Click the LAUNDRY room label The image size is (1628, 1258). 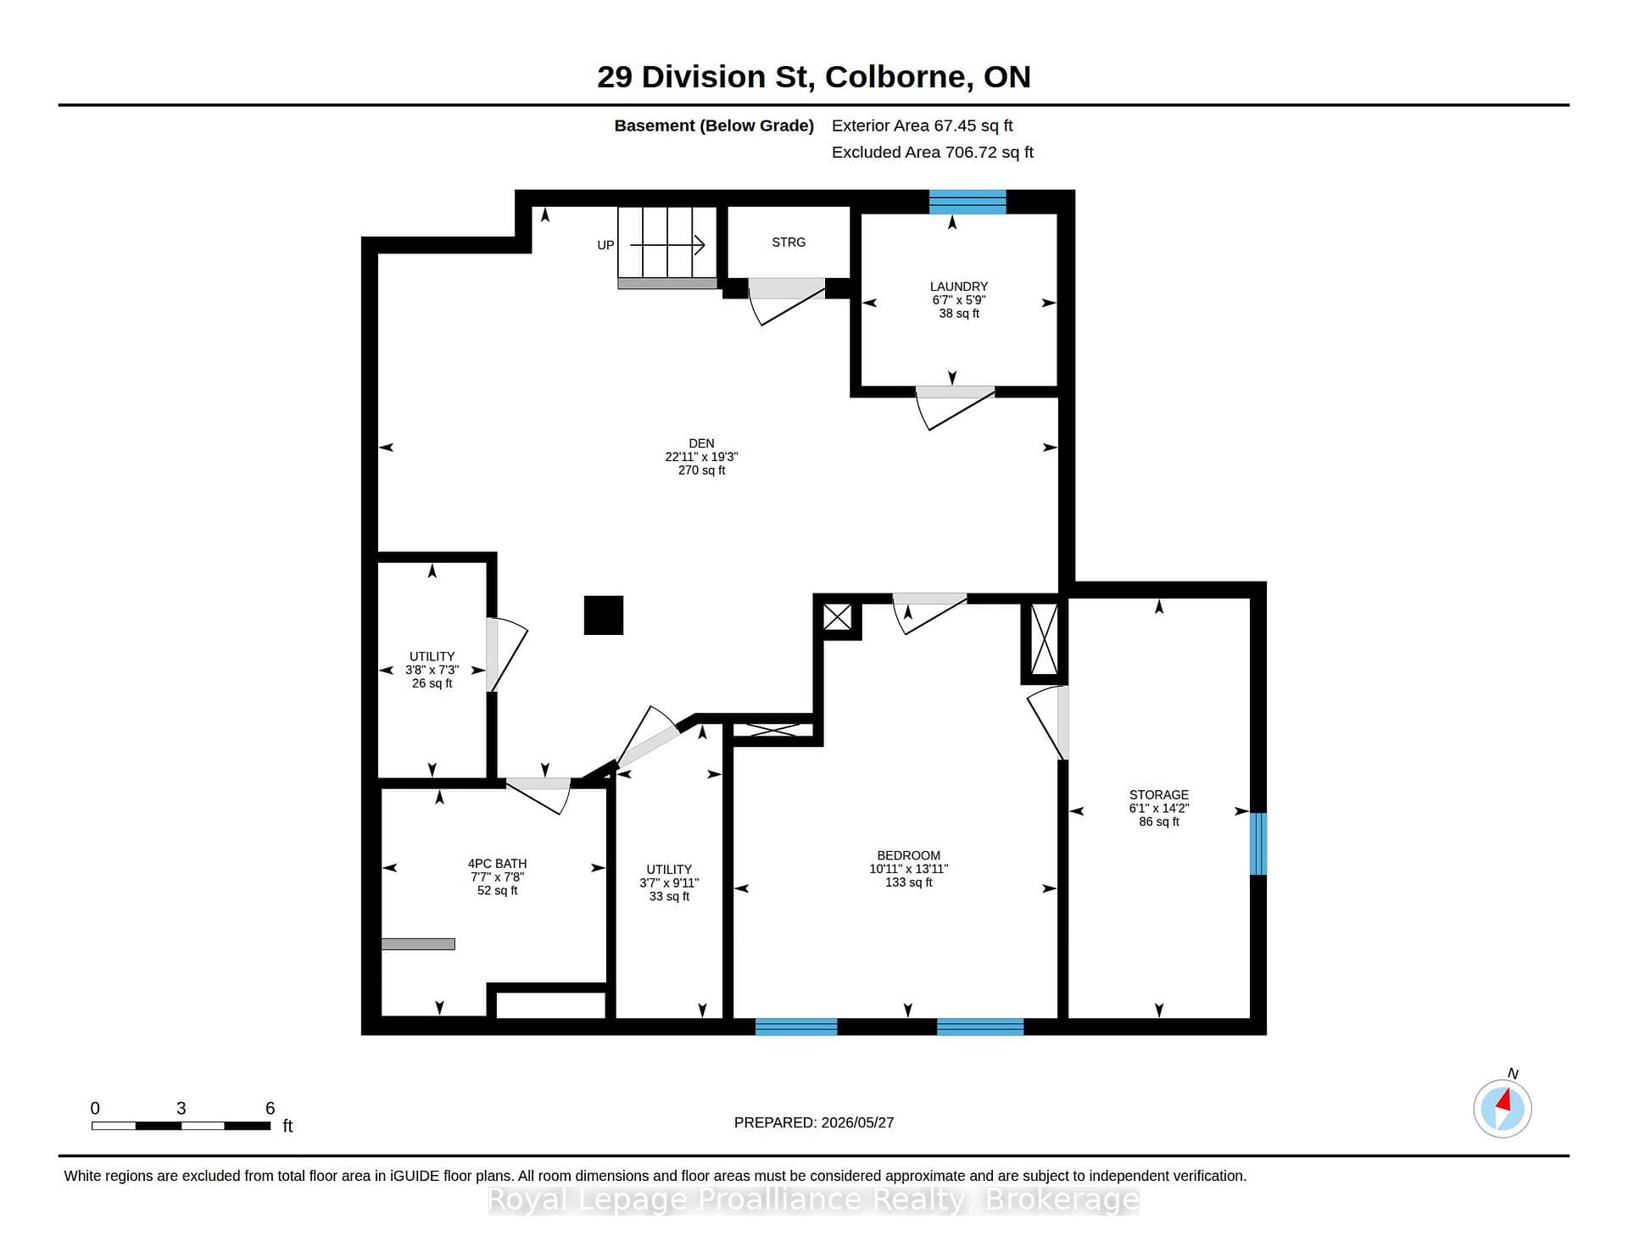point(958,287)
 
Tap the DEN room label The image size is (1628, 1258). point(701,443)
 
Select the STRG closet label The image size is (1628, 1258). point(789,242)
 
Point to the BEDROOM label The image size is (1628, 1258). point(908,855)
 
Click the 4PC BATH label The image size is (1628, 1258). point(497,864)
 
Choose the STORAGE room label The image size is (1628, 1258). point(1158,794)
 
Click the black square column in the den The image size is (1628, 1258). point(604,615)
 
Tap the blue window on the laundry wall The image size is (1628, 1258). point(967,202)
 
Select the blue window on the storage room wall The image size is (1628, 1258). point(1258,843)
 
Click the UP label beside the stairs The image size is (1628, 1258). point(605,245)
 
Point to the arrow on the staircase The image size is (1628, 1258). point(667,246)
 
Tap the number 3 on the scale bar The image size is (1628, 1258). point(181,1108)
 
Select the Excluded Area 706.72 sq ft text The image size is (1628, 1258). point(933,153)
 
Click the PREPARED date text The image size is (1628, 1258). point(814,1122)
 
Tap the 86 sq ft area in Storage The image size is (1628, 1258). point(1158,821)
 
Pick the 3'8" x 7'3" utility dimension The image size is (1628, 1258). point(432,670)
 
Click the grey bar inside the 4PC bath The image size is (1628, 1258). point(418,944)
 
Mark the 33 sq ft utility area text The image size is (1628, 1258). point(669,896)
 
